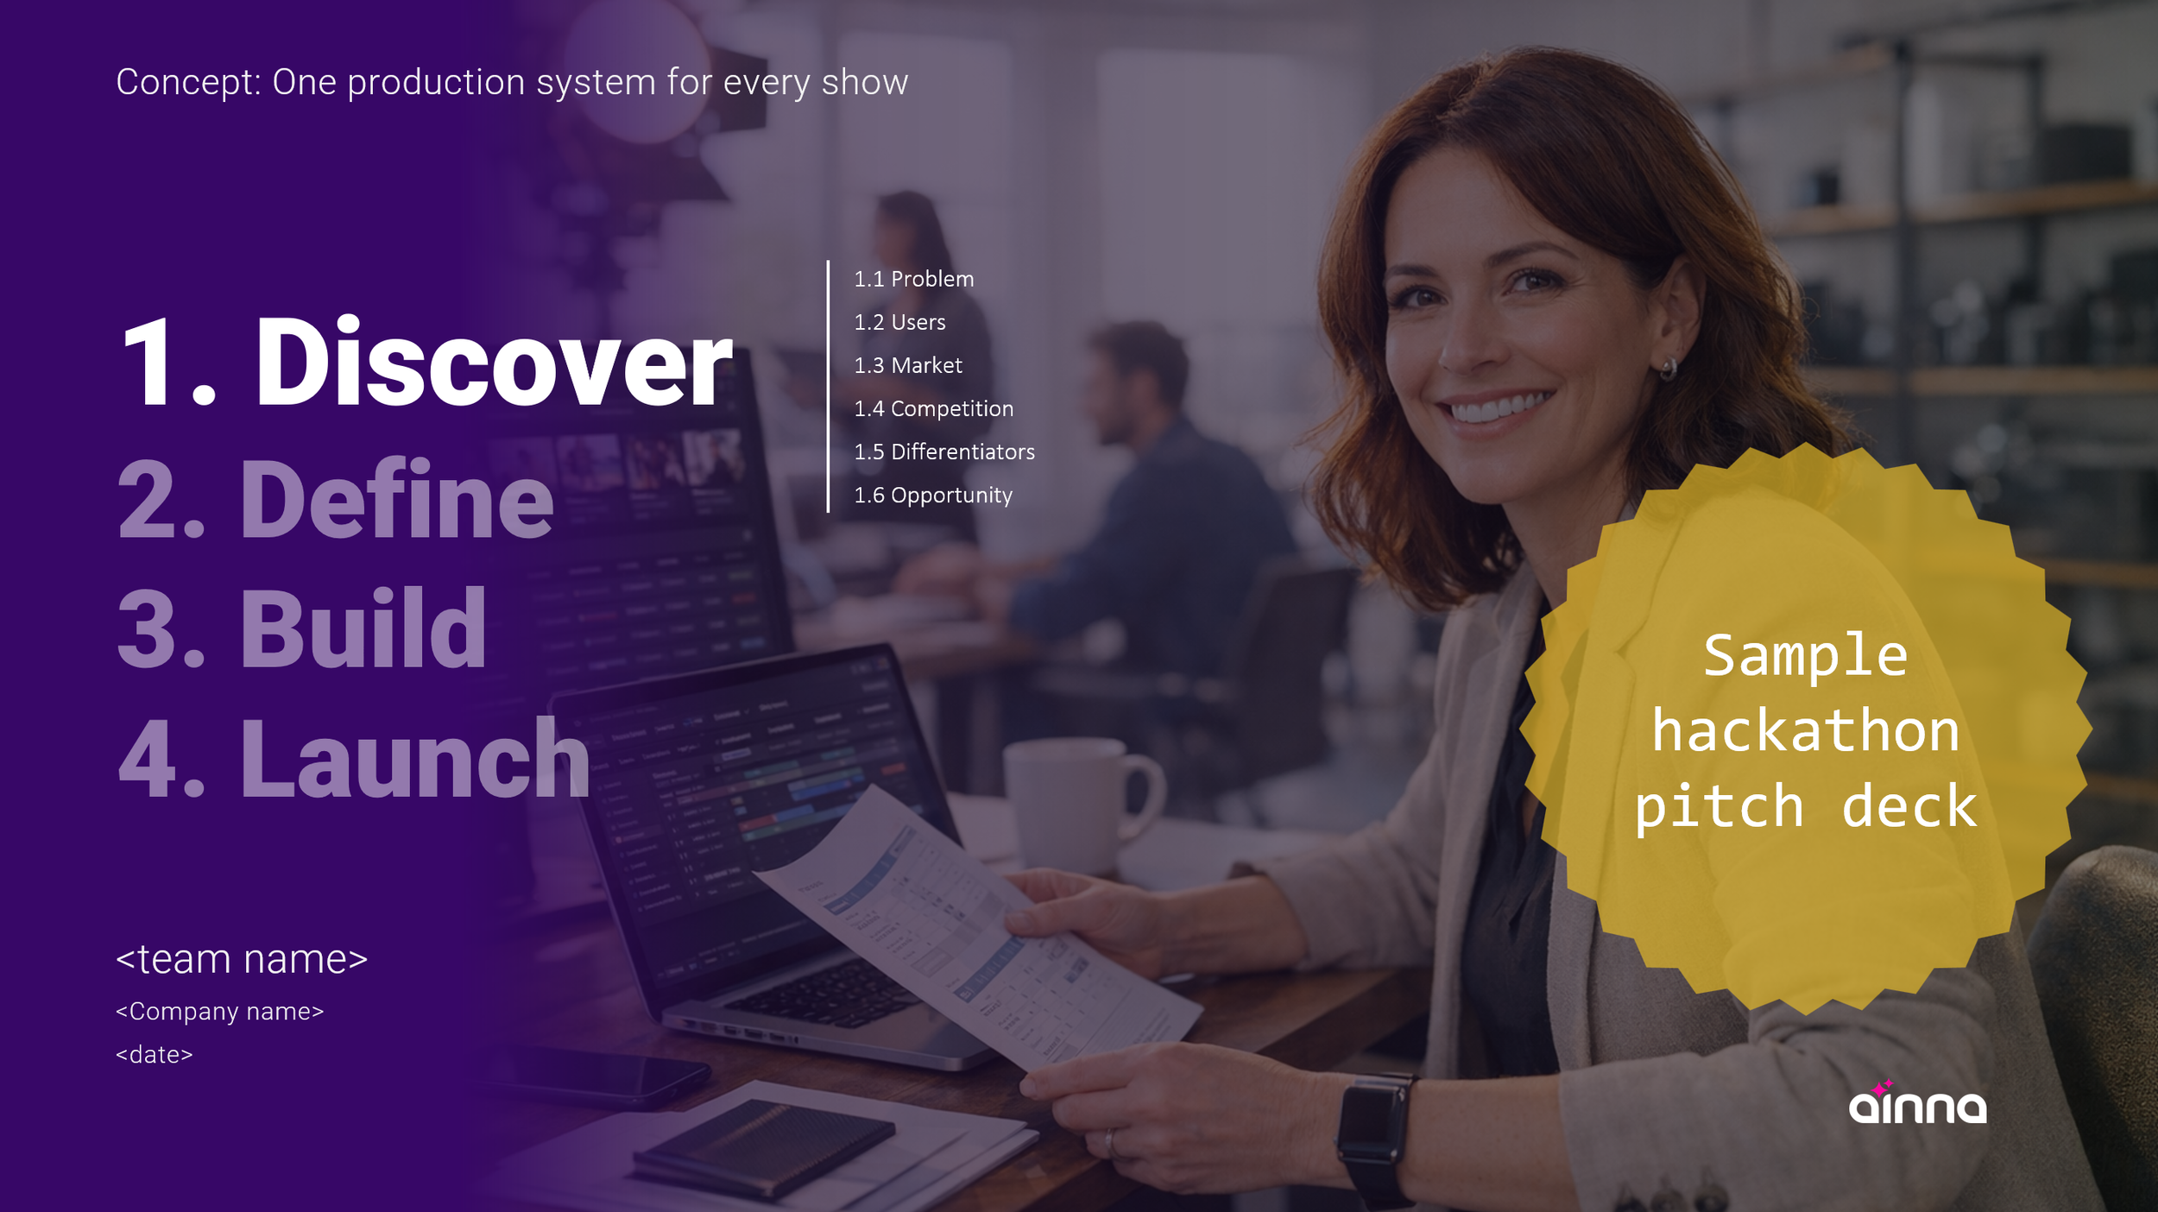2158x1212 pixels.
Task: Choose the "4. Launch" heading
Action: point(354,759)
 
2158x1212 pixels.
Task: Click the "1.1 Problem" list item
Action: point(913,279)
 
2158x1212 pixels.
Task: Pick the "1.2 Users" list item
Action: point(899,322)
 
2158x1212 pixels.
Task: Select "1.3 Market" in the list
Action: point(907,365)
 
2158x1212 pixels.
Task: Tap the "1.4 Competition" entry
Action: point(933,408)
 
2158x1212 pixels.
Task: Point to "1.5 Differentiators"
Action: point(943,451)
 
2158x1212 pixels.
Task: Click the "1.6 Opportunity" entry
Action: point(932,495)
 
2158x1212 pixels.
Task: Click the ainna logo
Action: point(1916,1104)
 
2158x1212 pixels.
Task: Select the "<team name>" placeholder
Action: point(242,959)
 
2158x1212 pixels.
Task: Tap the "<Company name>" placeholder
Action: point(219,1011)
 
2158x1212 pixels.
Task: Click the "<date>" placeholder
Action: point(154,1054)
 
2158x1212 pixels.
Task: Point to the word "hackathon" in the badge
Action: point(1805,730)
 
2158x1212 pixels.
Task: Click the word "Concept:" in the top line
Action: point(188,82)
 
